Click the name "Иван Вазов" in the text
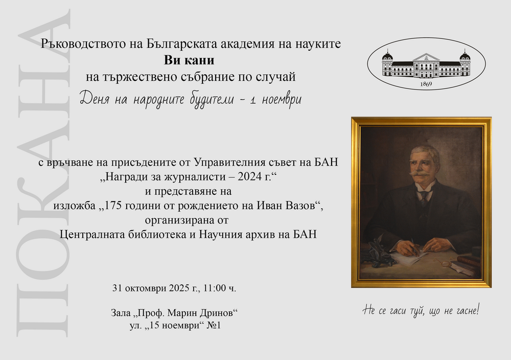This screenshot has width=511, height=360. (x=287, y=206)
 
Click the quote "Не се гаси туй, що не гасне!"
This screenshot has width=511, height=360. (x=422, y=310)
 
